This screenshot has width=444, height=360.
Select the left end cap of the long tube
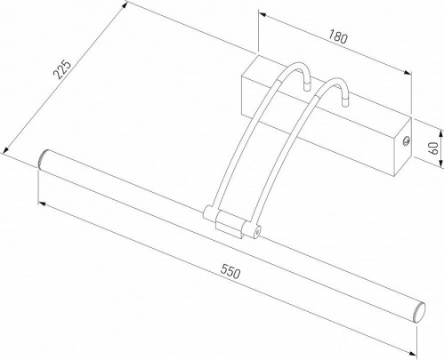41,161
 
